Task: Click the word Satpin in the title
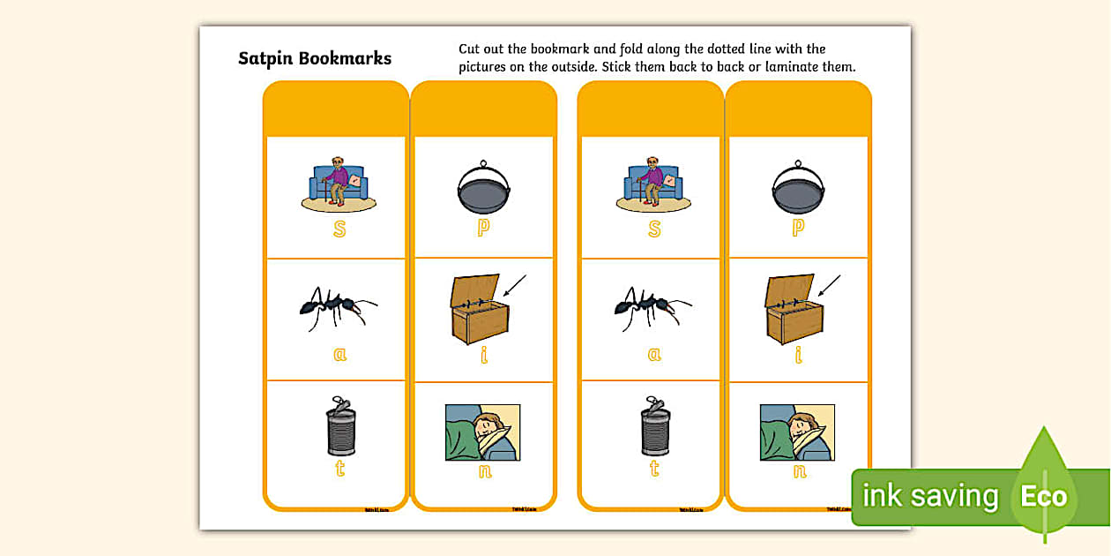pos(265,59)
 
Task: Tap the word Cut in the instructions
pos(470,49)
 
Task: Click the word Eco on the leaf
pos(1044,496)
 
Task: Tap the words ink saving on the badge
pos(929,496)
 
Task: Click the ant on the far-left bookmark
pos(337,307)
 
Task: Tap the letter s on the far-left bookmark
pos(339,229)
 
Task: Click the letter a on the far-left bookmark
pos(339,354)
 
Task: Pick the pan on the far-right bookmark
pos(798,188)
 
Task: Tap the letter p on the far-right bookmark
pos(798,228)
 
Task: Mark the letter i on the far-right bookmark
pos(798,354)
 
